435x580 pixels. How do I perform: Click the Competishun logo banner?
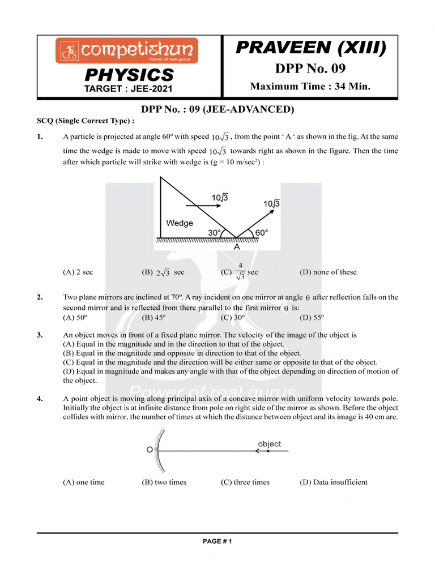tap(126, 50)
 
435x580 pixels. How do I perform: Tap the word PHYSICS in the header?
tap(129, 75)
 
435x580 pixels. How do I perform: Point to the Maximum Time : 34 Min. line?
tap(310, 86)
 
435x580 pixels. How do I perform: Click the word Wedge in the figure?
tap(180, 223)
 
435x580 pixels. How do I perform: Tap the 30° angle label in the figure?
tap(215, 233)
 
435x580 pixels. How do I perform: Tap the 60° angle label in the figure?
tap(261, 233)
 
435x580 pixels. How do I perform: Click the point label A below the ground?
tap(237, 247)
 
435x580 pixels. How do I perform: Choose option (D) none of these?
tap(328, 272)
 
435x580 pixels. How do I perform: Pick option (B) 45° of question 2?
tap(154, 318)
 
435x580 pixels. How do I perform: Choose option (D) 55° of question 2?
tap(312, 318)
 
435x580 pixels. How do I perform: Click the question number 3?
tap(40, 335)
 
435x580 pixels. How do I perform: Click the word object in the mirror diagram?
tap(269, 444)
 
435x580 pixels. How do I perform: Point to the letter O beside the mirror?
tap(150, 450)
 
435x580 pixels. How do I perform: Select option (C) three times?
tap(245, 483)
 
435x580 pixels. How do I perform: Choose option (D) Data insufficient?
tap(333, 483)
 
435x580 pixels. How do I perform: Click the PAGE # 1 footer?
tap(217, 541)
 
